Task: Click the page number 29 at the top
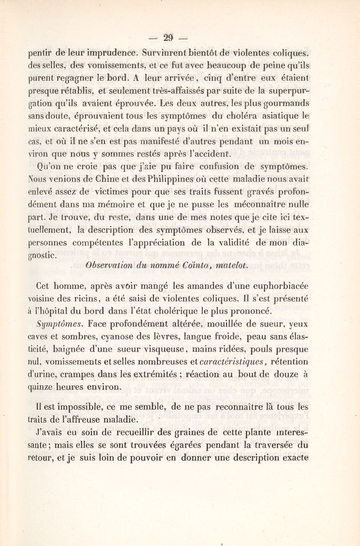(180, 37)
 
